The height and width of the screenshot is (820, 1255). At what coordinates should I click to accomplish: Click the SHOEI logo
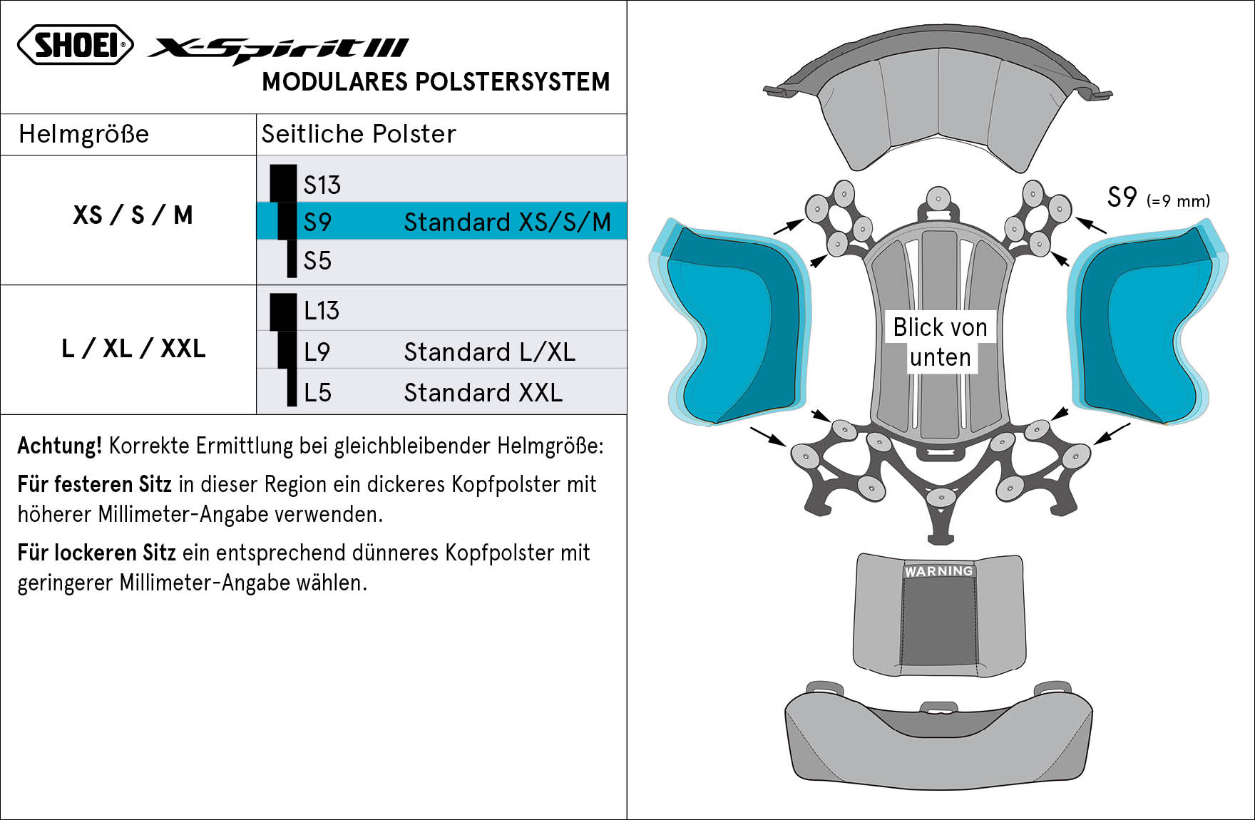tap(76, 44)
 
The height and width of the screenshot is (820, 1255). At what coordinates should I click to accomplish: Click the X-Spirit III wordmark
tap(278, 50)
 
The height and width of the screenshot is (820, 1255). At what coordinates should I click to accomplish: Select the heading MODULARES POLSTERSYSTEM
tap(436, 82)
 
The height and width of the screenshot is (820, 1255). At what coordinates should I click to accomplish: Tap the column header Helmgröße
tap(83, 134)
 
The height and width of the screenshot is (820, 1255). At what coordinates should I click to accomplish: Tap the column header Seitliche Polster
tap(359, 134)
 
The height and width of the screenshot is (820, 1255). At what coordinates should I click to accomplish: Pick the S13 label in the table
tap(322, 185)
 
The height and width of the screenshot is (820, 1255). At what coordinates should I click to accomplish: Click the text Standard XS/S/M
tap(508, 222)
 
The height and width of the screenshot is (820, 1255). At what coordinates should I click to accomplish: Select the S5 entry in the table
tap(317, 261)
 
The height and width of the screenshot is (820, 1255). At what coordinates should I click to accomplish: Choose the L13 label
tap(322, 311)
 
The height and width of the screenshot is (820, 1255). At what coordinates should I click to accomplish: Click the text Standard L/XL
tap(490, 352)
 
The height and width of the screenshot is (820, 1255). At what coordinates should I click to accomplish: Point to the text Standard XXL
tap(483, 393)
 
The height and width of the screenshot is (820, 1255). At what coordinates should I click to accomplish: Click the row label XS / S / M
tap(133, 215)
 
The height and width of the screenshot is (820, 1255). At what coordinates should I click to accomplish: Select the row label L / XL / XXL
tap(133, 349)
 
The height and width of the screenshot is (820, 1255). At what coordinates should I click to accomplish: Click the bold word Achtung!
tap(60, 446)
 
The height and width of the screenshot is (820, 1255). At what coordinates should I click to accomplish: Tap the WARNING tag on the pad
tap(938, 571)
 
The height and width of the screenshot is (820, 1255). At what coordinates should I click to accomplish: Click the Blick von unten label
tap(940, 342)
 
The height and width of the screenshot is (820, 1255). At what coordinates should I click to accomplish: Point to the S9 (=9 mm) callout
tap(1158, 198)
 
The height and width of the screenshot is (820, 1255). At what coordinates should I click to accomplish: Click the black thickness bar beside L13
tap(283, 312)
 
